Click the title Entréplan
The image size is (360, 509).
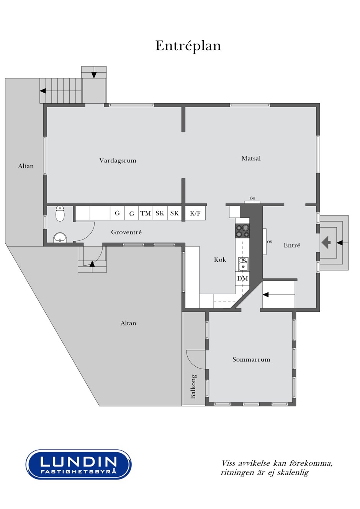pos(188,46)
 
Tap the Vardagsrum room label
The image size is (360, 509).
pos(118,161)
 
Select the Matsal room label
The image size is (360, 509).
pos(251,158)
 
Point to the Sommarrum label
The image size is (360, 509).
pos(251,359)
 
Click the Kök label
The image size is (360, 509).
pos(220,259)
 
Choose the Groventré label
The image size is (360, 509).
pos(126,232)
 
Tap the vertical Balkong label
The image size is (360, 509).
pos(193,386)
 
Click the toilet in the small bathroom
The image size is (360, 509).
pos(60,214)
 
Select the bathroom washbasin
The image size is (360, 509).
pos(60,238)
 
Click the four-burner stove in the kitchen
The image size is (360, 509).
pos(242,231)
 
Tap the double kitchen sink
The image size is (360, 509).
pos(243,264)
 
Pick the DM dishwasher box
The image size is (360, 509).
pos(242,278)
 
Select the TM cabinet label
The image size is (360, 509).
pos(146,214)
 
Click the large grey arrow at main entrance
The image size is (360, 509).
pos(326,243)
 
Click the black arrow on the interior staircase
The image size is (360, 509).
pos(266,295)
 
